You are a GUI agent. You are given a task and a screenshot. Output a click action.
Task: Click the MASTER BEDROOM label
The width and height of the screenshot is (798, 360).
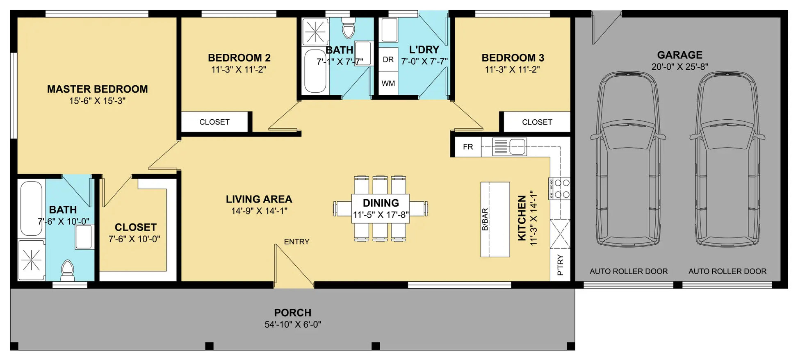tap(97, 89)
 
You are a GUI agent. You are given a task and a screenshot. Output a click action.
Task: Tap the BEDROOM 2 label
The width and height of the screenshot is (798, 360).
tap(239, 58)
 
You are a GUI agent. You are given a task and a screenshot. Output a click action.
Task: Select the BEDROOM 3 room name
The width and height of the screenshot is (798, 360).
tap(513, 58)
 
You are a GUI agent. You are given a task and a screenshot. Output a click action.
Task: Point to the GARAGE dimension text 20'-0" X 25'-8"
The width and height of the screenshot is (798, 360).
tap(679, 66)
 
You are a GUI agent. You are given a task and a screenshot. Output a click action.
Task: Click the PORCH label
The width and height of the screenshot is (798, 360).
tap(293, 313)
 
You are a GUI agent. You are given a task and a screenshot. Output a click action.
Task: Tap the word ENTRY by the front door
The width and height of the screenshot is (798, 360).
tap(296, 242)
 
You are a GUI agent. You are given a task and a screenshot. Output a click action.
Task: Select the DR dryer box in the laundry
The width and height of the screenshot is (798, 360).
tap(388, 60)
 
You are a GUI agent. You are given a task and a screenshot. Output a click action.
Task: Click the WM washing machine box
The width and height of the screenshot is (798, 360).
tap(388, 84)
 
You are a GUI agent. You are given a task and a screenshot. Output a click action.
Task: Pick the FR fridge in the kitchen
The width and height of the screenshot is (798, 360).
tap(468, 147)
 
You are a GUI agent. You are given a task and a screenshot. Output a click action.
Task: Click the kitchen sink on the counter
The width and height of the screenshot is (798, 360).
tap(509, 147)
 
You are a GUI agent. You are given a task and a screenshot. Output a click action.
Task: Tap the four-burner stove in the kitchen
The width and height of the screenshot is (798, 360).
tap(559, 189)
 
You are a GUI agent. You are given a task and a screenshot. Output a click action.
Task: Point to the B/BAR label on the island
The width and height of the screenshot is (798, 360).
tap(485, 219)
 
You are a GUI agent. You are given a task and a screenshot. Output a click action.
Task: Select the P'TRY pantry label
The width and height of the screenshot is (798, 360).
tap(560, 265)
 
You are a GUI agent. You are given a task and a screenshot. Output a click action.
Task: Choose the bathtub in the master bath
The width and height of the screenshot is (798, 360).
tap(31, 208)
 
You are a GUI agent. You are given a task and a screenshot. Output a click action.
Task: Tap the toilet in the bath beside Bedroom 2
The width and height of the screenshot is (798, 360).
tap(349, 27)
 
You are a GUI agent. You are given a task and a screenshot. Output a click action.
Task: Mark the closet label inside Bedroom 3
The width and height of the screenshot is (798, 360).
tap(537, 122)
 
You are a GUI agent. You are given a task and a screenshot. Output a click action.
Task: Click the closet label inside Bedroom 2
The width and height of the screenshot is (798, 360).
tap(214, 122)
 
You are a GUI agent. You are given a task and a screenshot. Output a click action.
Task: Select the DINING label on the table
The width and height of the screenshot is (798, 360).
tap(381, 203)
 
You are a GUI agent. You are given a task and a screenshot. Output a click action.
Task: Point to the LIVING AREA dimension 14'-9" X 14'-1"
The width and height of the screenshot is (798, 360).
tap(259, 211)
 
